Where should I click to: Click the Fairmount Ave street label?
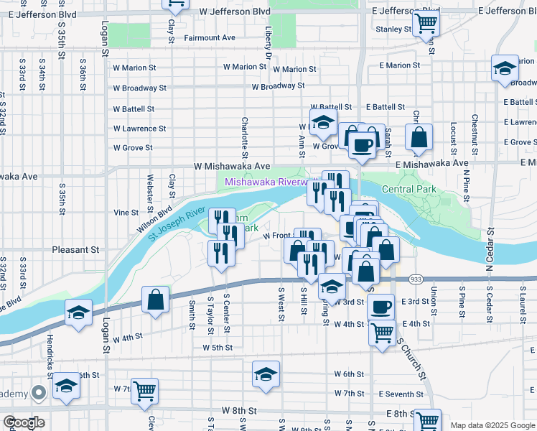pos(210,38)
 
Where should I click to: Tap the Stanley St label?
pos(393,29)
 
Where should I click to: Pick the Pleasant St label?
pos(75,250)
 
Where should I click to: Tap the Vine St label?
pos(126,213)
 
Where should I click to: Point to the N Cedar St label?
pos(490,251)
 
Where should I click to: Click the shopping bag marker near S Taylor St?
pos(155,299)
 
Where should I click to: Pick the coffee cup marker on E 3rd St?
pos(380,306)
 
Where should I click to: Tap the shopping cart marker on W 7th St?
pos(145,390)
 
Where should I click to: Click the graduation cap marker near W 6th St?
pos(266,374)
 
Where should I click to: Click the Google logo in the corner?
pos(23,422)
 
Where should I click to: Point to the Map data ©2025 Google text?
pos(492,425)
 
